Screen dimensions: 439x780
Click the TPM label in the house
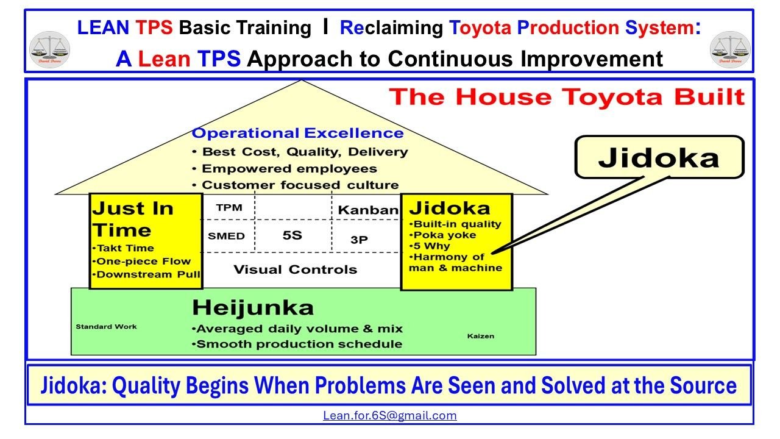(229, 208)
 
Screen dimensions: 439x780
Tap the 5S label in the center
(292, 235)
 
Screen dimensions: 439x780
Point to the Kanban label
(368, 210)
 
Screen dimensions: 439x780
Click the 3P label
(360, 240)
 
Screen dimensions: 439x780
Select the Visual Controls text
(296, 269)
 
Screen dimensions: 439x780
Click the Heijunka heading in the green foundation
(253, 307)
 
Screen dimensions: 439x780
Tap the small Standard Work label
(106, 327)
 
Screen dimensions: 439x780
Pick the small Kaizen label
(481, 336)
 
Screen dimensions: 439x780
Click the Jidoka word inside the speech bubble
(659, 157)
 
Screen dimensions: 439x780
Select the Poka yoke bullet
(444, 235)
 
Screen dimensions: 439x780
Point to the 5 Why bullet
(431, 246)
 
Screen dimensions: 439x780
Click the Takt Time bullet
(124, 248)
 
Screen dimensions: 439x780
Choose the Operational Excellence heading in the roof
(297, 134)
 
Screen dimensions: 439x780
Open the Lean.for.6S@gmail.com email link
(390, 416)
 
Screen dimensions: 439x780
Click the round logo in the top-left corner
(49, 49)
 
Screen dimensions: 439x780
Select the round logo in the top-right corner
(731, 49)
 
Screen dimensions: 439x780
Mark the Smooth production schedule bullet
(299, 344)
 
